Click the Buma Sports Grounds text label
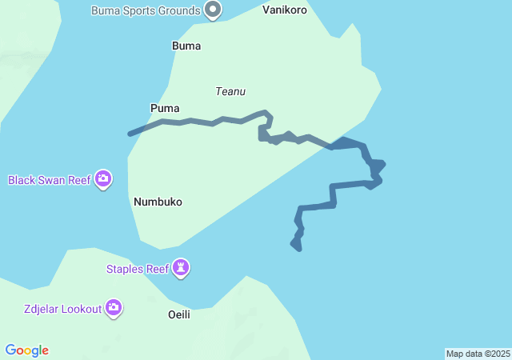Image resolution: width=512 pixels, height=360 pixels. (x=145, y=10)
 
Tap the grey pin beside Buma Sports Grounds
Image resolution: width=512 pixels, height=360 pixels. (x=213, y=10)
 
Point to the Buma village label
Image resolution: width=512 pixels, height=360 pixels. (x=186, y=46)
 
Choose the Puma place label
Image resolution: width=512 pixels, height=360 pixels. (x=165, y=107)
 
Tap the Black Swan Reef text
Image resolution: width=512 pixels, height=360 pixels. (x=50, y=180)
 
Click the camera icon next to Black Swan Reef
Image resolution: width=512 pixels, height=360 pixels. (x=102, y=179)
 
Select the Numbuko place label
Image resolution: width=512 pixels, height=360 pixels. (x=158, y=202)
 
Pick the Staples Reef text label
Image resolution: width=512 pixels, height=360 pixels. (x=138, y=269)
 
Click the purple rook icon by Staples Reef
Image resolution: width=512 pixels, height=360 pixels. (x=182, y=268)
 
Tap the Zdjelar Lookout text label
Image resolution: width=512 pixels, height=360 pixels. (x=62, y=308)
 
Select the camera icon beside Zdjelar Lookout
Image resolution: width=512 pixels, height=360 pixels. (x=114, y=307)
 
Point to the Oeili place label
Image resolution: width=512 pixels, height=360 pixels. (x=179, y=314)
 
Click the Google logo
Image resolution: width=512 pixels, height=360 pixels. (x=27, y=350)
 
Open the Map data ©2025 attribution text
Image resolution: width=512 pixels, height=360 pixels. (x=478, y=354)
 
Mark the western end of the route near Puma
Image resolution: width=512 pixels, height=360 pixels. (x=130, y=134)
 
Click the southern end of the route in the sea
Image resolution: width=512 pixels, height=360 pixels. (x=299, y=249)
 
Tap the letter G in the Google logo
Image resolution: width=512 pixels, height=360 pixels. (x=10, y=350)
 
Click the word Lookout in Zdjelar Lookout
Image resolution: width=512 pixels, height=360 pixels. (x=80, y=308)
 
